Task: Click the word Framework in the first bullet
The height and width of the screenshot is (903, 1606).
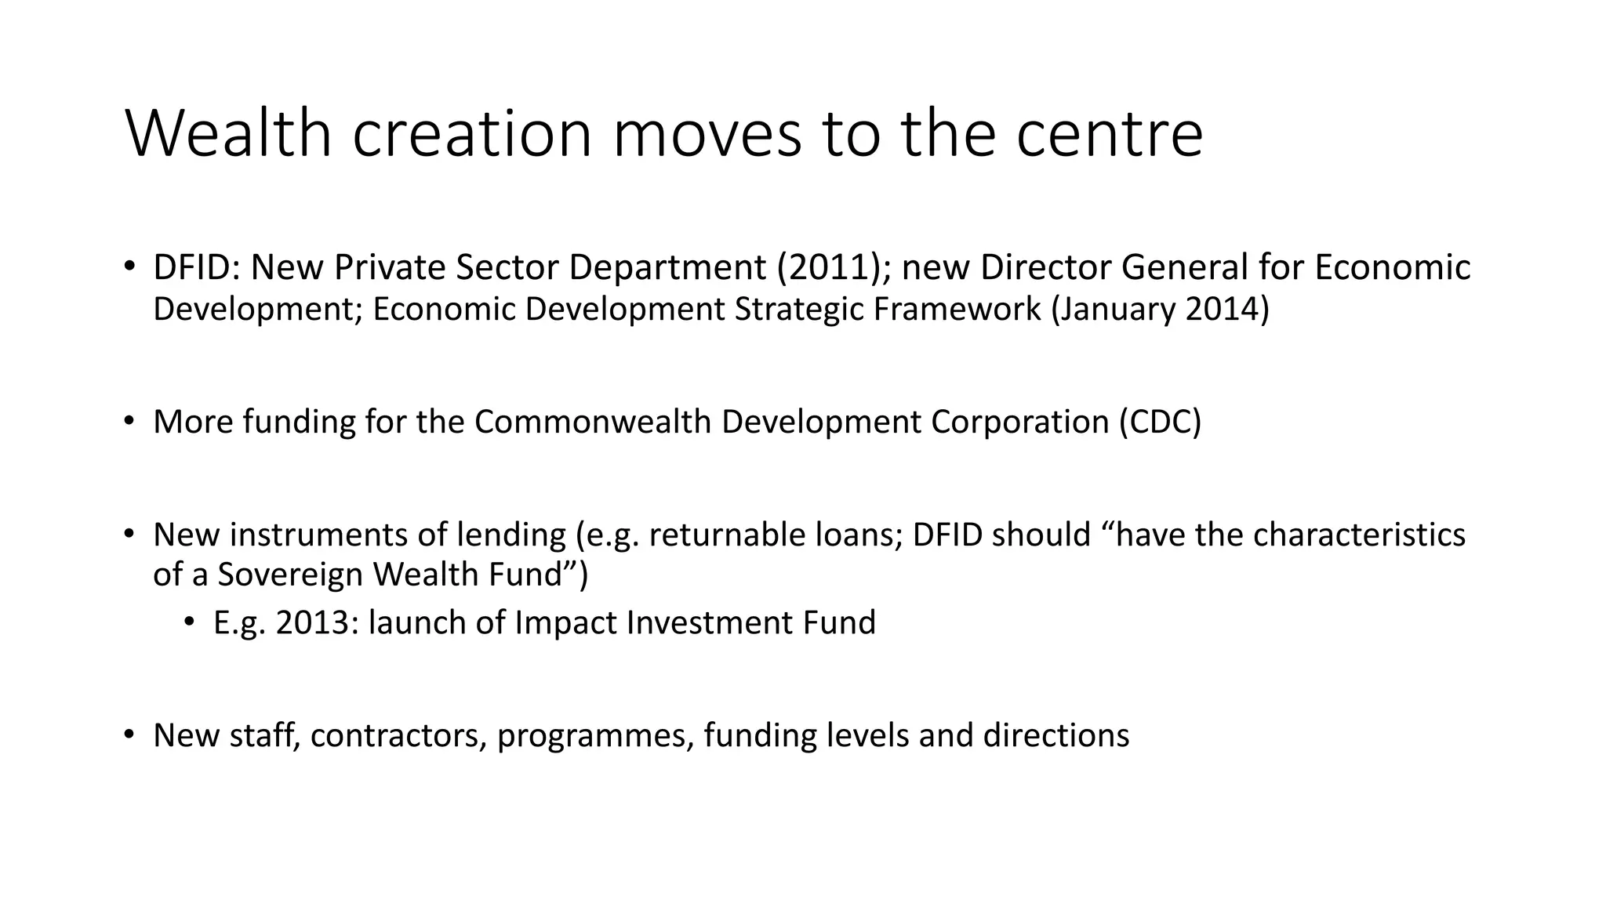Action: (x=957, y=310)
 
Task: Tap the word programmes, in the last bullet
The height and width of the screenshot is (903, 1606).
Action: (x=596, y=736)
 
